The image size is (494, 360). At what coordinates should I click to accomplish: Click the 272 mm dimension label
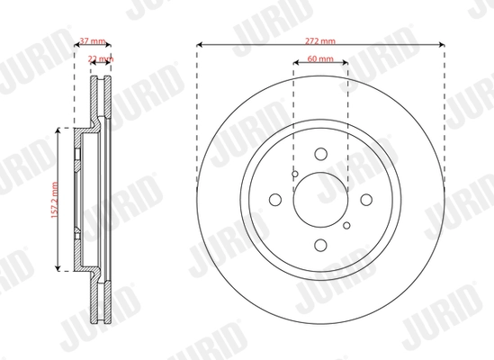(x=321, y=41)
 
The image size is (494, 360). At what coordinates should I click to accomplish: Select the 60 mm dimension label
(x=321, y=58)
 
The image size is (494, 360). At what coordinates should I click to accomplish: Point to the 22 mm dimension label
(x=101, y=58)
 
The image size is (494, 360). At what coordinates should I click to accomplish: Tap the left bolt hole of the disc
(x=276, y=200)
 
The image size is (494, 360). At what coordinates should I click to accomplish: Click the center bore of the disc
(x=321, y=200)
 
